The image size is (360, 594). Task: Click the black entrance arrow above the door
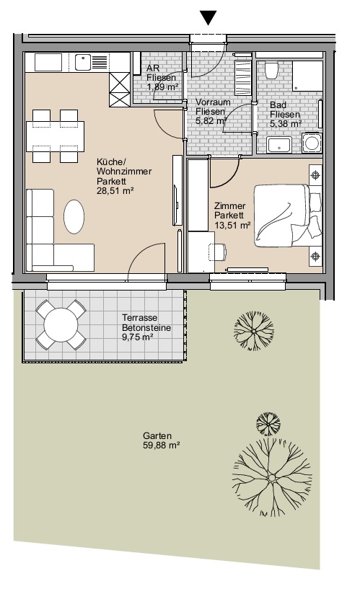208,18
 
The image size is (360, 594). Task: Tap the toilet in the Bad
271,71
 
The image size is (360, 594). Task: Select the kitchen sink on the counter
83,63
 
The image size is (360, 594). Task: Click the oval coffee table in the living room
74,217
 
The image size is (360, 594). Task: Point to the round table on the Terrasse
61,324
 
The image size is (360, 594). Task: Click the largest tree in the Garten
272,478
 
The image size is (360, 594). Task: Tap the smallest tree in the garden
268,424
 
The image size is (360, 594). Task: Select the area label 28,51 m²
115,190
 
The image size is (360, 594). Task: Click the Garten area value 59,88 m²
161,445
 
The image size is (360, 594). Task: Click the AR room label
153,68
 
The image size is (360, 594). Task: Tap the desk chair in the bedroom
218,252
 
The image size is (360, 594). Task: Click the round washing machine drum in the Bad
312,143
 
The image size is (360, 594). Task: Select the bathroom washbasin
279,146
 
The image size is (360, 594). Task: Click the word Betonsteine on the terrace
146,328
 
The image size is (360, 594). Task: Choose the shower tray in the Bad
307,76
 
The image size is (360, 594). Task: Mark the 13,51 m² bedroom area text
232,226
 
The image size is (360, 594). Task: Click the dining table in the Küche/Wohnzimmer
56,136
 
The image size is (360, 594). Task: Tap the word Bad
278,105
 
